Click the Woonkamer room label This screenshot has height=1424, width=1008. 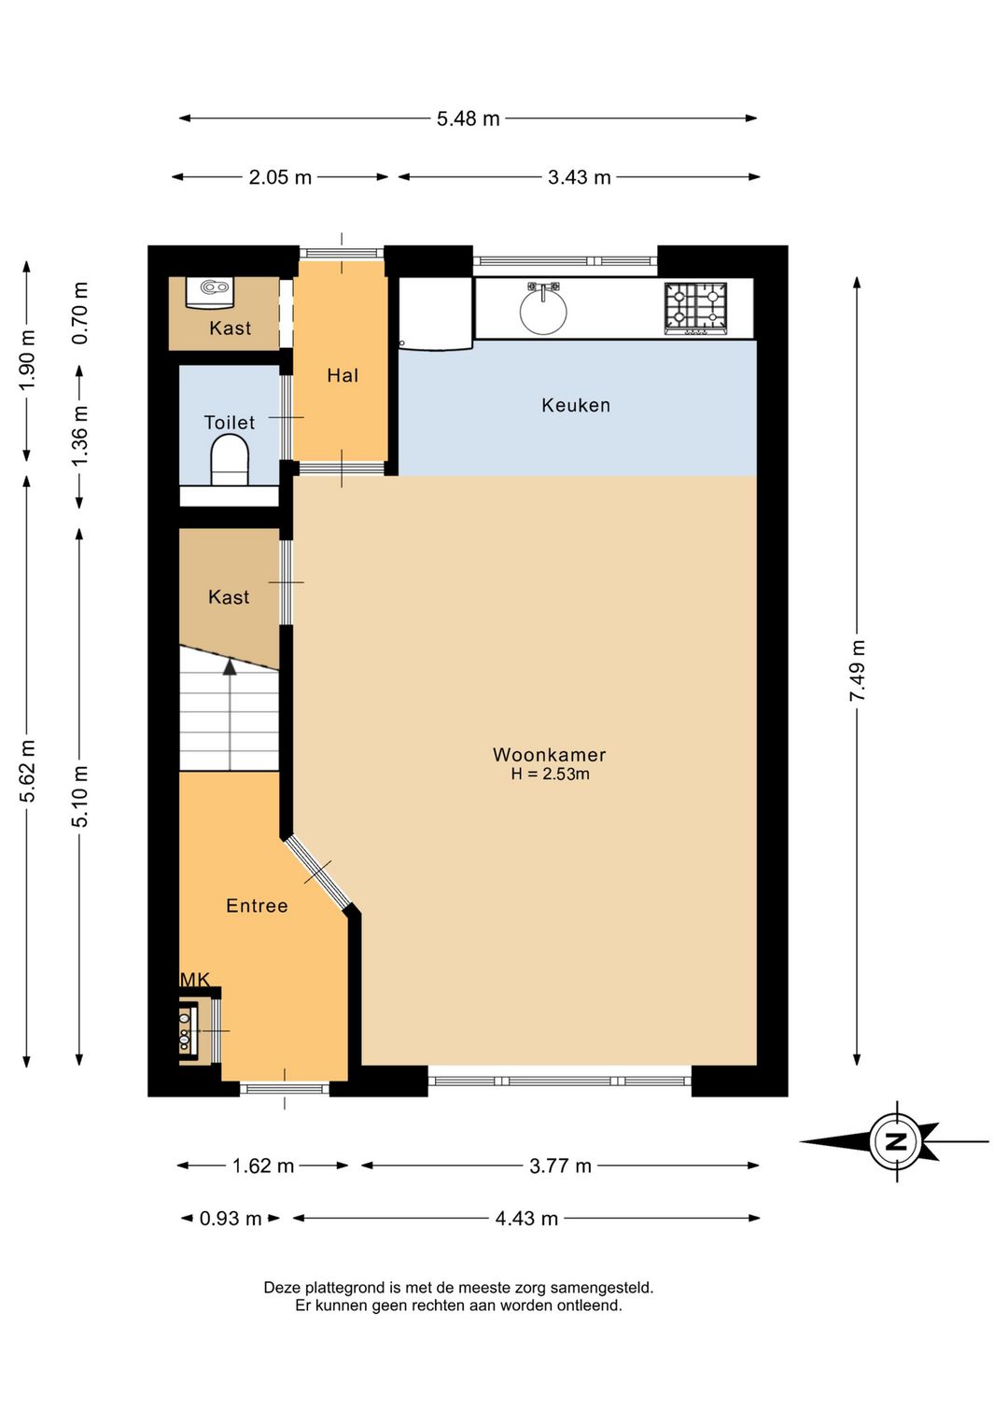coord(550,755)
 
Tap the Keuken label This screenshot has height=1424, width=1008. coord(576,405)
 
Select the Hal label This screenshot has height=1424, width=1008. coord(343,376)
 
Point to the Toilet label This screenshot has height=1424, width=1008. coord(229,422)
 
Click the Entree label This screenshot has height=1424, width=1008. coord(257,905)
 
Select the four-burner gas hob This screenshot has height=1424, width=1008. coord(695,308)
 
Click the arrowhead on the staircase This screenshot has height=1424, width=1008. coord(230,667)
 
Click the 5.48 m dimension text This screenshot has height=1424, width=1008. coord(469,119)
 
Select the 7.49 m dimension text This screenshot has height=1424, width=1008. coord(858,671)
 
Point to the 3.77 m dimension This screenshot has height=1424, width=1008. coord(560,1166)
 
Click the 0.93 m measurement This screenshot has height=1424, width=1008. coord(231,1218)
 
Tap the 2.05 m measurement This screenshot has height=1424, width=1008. coord(280,177)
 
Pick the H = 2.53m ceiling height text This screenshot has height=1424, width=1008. coord(550,775)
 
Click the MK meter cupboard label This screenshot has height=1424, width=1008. coord(195,980)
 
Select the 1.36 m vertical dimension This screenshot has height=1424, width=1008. coord(80,436)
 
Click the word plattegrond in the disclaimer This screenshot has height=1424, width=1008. coord(349,1288)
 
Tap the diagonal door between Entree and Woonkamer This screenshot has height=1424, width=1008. coord(317,873)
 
